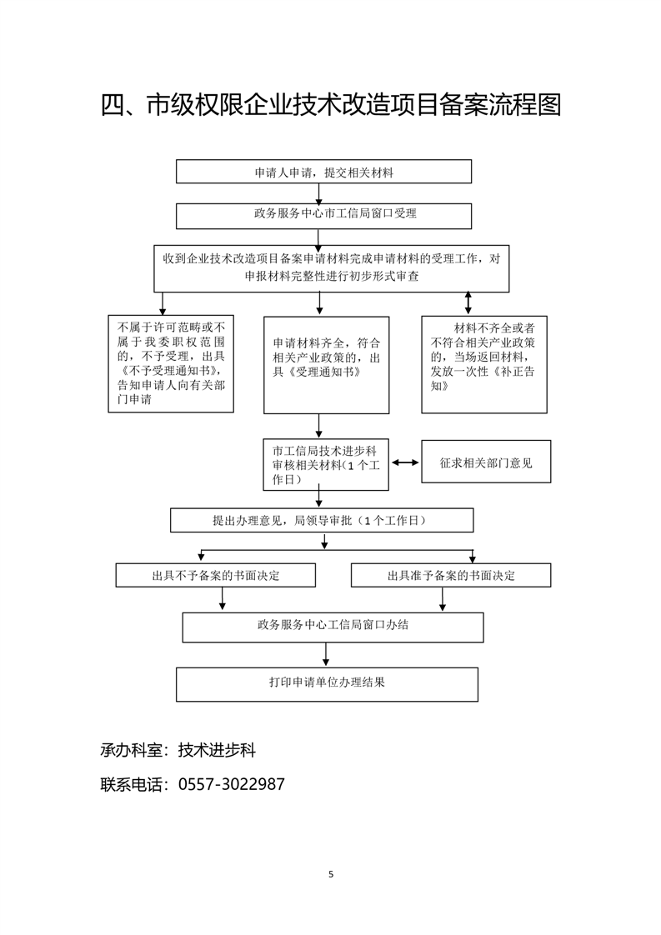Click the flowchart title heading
pyautogui.click(x=330, y=105)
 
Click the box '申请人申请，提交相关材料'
pyautogui.click(x=323, y=172)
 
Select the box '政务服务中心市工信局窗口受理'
pyautogui.click(x=323, y=215)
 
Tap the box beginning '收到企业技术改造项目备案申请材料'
pyautogui.click(x=331, y=268)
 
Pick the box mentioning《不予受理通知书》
pyautogui.click(x=171, y=362)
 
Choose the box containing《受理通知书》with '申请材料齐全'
pyautogui.click(x=326, y=364)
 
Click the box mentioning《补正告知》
pyautogui.click(x=483, y=364)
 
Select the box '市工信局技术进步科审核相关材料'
pyautogui.click(x=326, y=464)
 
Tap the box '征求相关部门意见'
pyautogui.click(x=486, y=462)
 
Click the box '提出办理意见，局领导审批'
pyautogui.click(x=322, y=520)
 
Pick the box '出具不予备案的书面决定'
pyautogui.click(x=215, y=575)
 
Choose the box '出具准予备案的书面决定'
pyautogui.click(x=451, y=575)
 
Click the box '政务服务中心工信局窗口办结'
pyautogui.click(x=333, y=627)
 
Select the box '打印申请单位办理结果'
pyautogui.click(x=327, y=683)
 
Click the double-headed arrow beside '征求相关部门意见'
pyautogui.click(x=405, y=462)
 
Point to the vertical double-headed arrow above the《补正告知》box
pyautogui.click(x=468, y=303)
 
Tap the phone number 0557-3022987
pyautogui.click(x=232, y=784)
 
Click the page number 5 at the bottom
pyautogui.click(x=331, y=874)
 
